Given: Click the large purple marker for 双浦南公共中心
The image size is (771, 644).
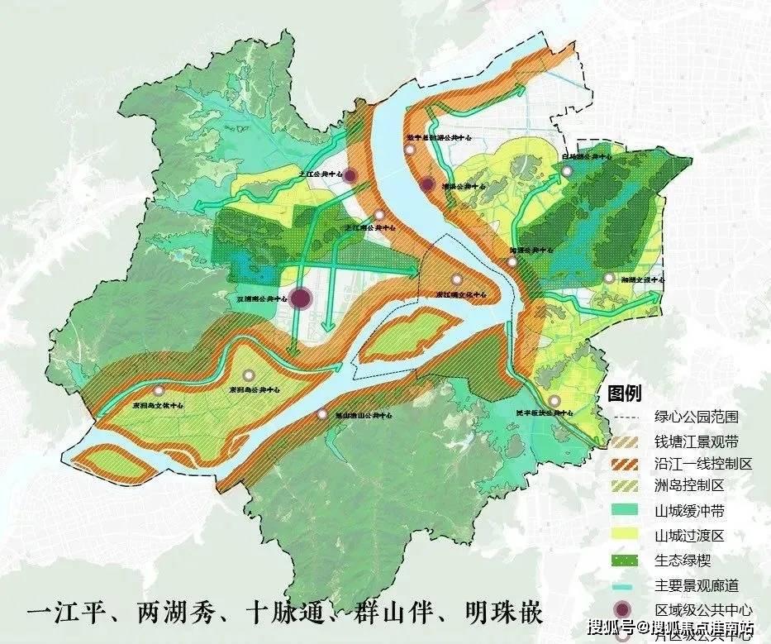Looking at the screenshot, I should pos(302,298).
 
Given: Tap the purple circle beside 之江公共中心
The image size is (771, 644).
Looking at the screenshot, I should pos(350,175).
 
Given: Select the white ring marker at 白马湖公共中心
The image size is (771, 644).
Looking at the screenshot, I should pos(567,171).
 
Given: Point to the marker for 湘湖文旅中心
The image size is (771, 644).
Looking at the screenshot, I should pos(609,279).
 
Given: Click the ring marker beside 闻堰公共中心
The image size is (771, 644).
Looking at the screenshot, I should pos(512,261).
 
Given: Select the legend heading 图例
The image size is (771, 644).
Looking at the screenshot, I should pos(624,394).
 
